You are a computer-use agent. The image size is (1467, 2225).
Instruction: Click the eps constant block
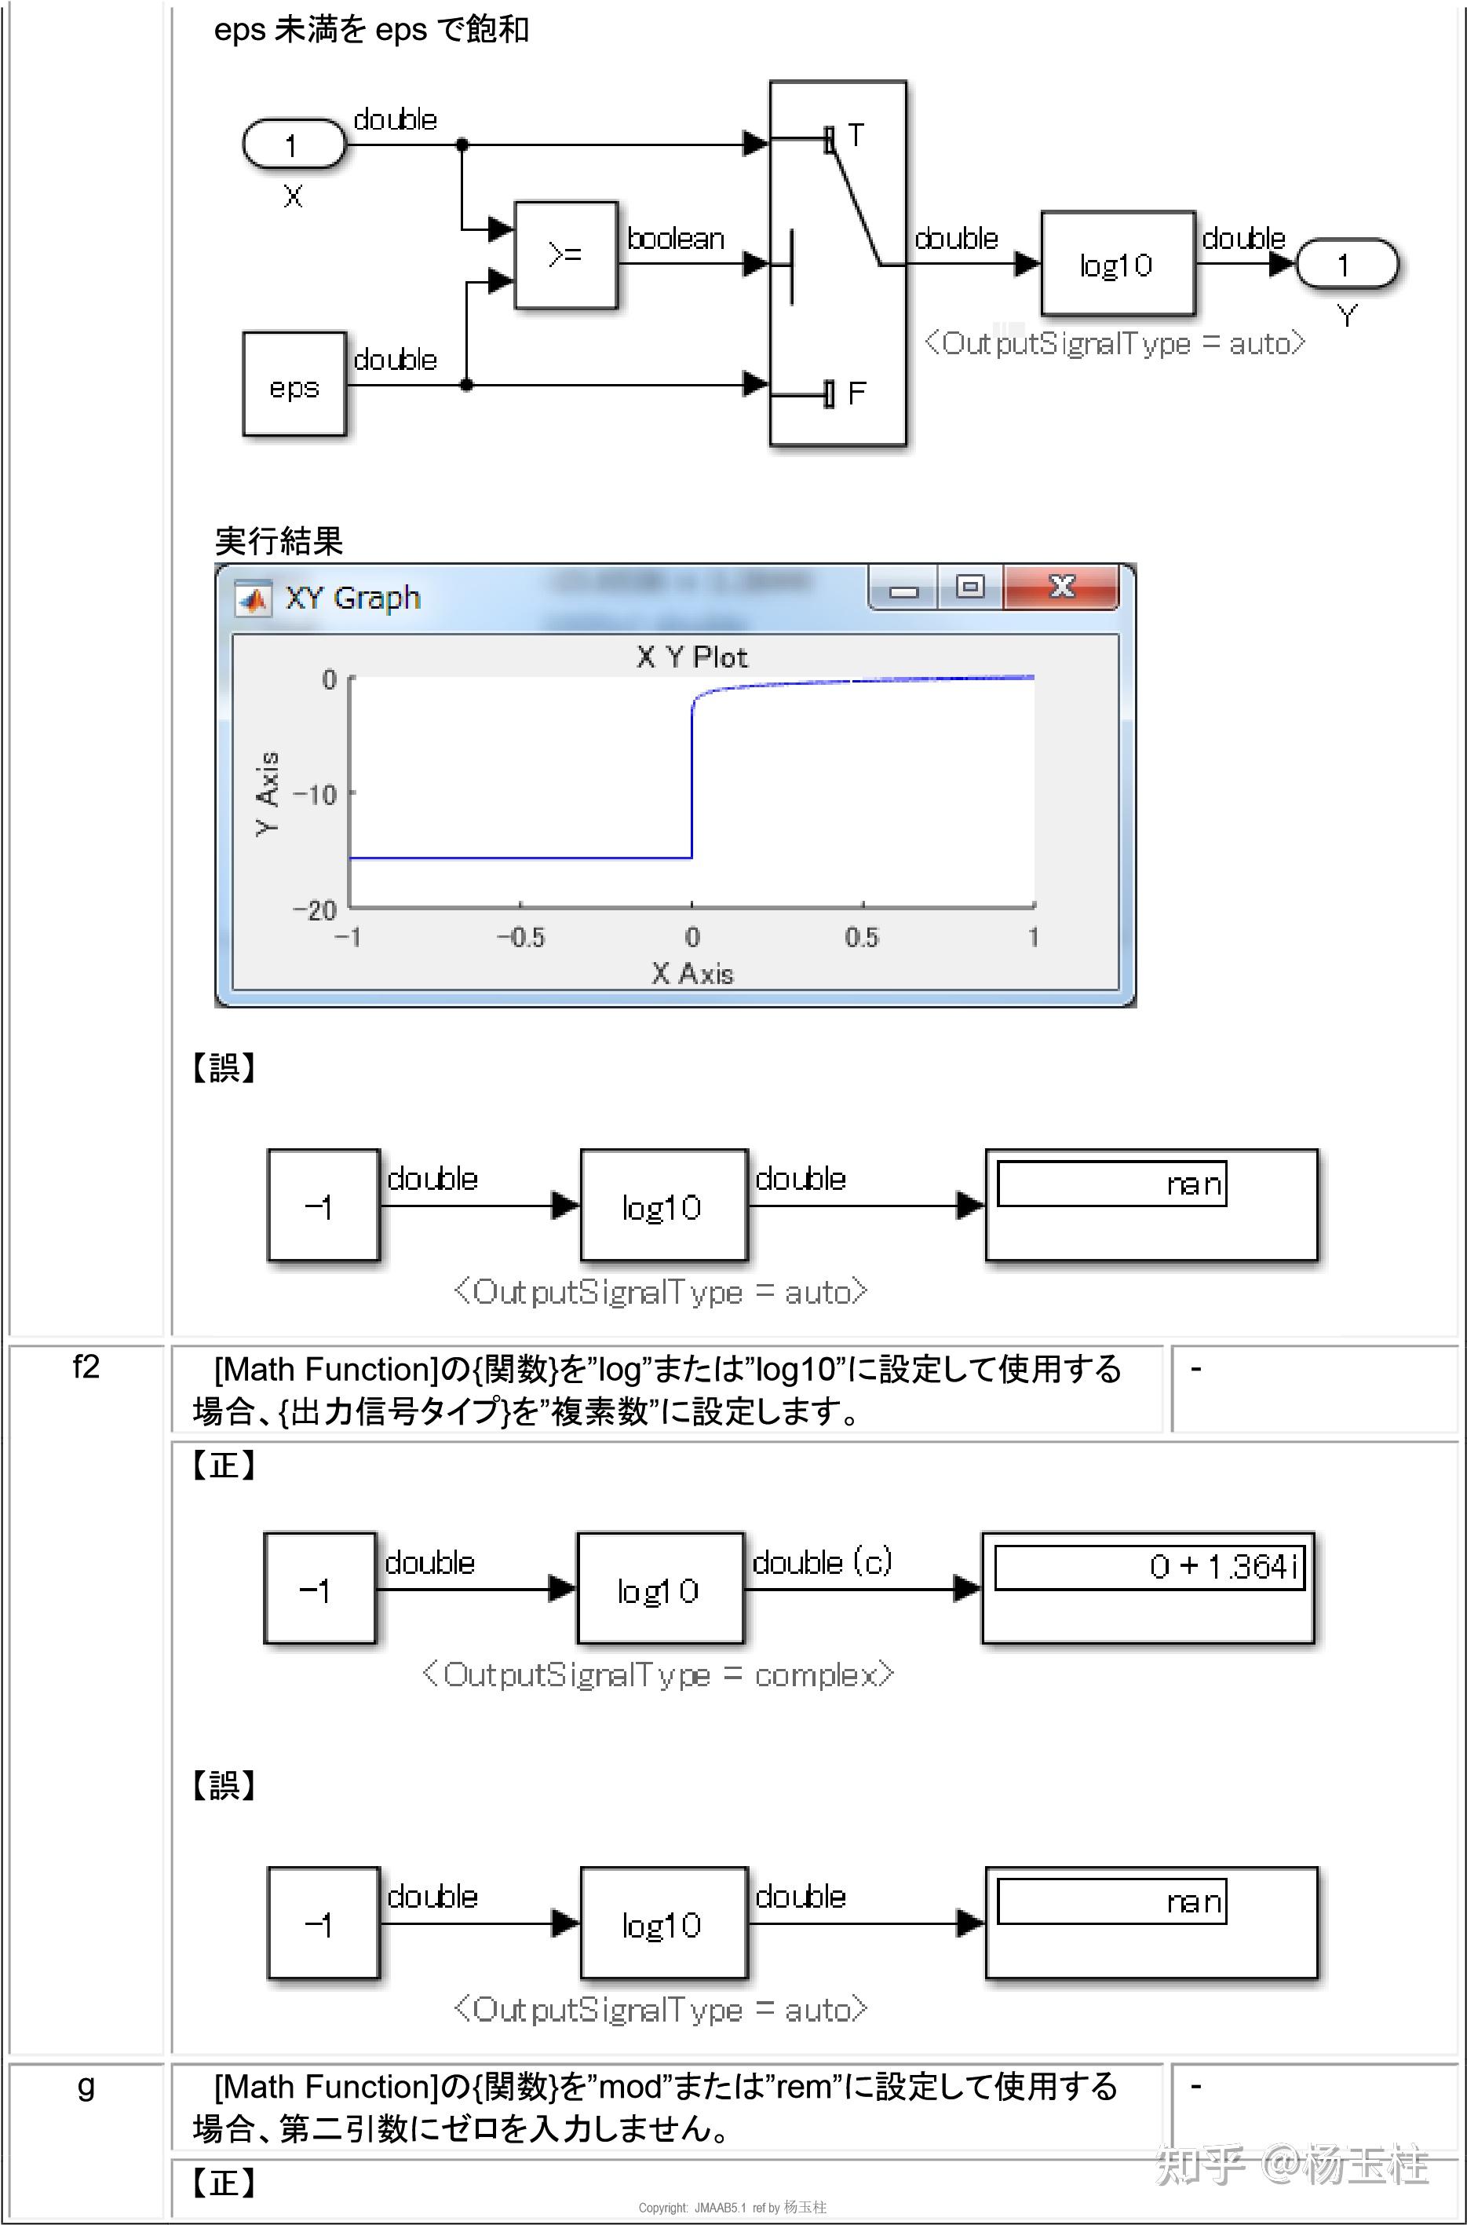[294, 384]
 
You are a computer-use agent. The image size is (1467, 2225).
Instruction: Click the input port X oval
[294, 145]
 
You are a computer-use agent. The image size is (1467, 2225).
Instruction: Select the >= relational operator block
[566, 254]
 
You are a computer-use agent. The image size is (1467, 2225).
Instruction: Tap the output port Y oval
[1345, 264]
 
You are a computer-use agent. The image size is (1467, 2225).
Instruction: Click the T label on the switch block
[855, 136]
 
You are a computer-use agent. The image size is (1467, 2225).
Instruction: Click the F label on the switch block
[856, 393]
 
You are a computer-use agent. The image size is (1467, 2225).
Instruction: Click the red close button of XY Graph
[1061, 587]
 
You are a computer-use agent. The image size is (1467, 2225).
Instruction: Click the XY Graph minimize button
[903, 590]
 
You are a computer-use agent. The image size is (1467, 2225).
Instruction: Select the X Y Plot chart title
[692, 657]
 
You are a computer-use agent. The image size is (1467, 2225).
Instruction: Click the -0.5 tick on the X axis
[520, 937]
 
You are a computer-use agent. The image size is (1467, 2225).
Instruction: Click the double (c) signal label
[822, 1562]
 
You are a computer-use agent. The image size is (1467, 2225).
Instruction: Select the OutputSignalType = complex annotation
[658, 1674]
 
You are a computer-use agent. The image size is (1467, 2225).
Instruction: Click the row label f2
[86, 1367]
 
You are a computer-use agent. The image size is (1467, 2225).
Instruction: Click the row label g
[86, 2085]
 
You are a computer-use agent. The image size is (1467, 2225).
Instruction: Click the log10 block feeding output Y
[1117, 264]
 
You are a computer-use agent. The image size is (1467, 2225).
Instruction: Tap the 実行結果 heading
[279, 540]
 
